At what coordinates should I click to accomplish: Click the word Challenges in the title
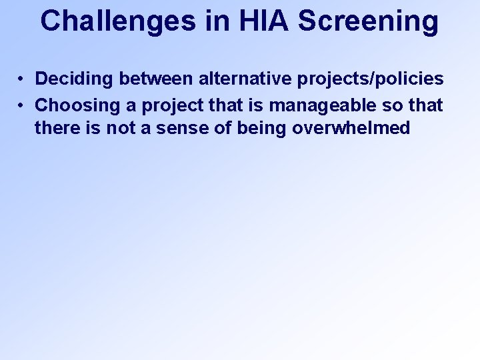click(117, 21)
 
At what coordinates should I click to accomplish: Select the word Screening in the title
click(369, 21)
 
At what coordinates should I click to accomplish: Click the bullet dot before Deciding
click(22, 79)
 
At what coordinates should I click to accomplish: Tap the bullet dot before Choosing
click(22, 105)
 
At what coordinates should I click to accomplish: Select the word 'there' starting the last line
click(55, 128)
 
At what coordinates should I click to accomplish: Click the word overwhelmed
click(351, 128)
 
